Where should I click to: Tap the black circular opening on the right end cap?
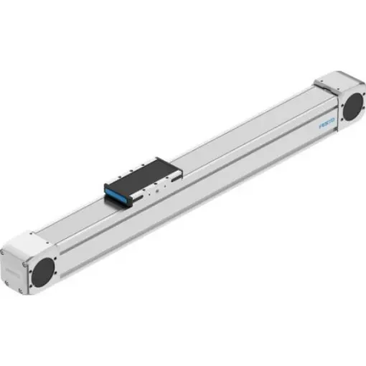[x=352, y=108]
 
